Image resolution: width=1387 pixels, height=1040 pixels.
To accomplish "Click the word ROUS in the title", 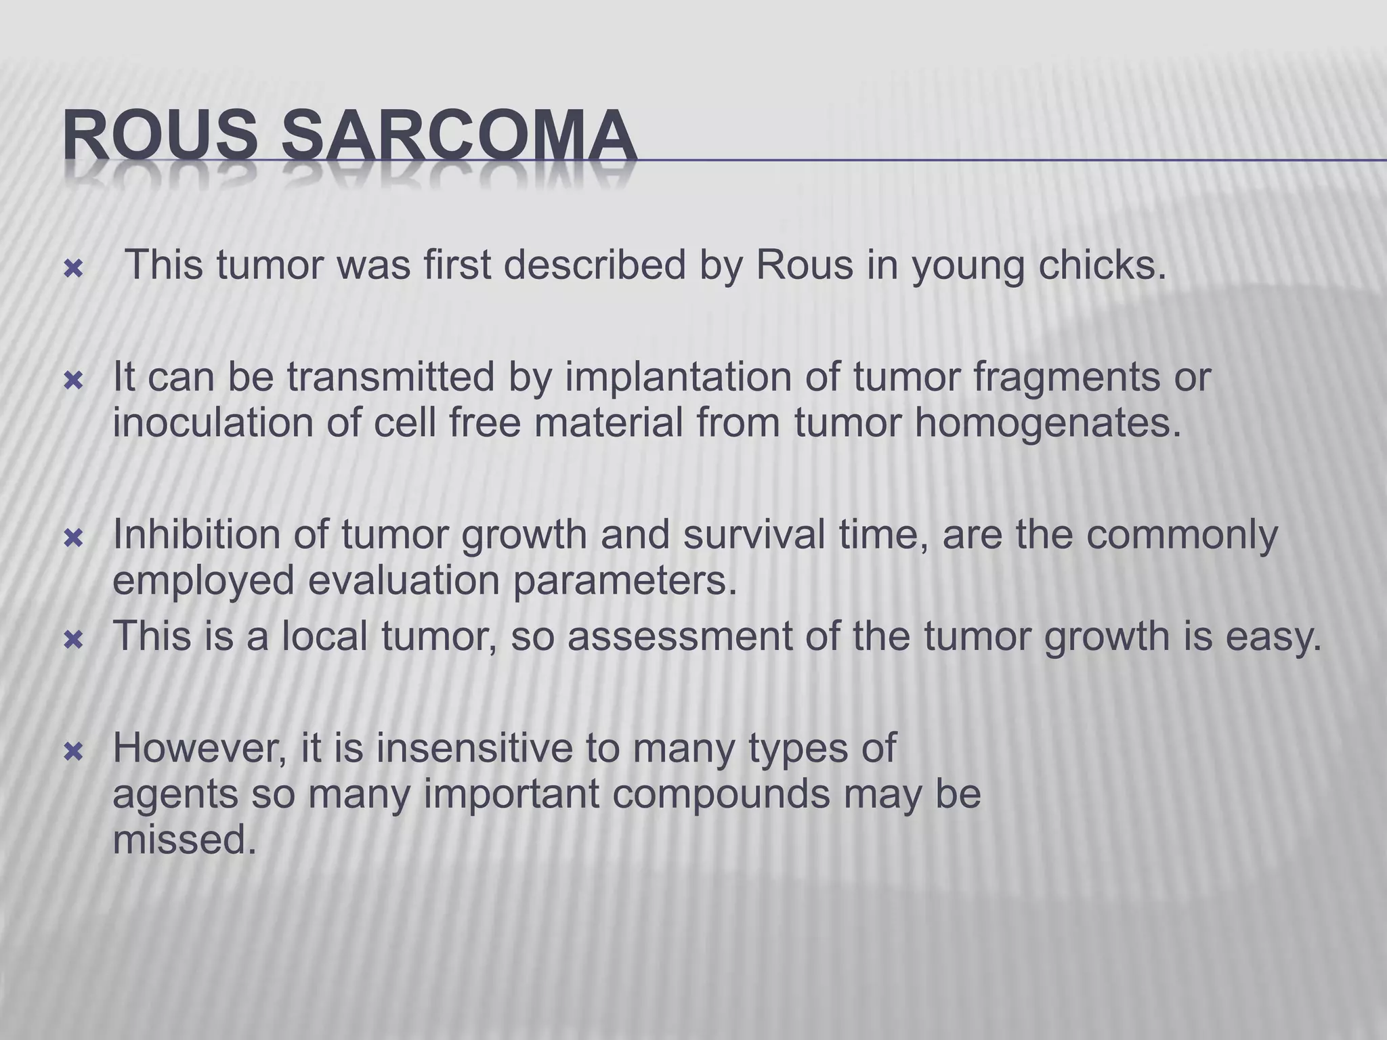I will [x=160, y=136].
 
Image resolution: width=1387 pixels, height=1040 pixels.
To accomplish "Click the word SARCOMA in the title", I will [x=458, y=136].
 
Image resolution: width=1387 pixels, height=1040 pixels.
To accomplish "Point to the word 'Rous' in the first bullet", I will [x=804, y=265].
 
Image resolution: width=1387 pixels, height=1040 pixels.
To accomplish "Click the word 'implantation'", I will [x=678, y=377].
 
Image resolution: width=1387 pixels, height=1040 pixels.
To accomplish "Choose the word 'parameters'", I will [x=623, y=580].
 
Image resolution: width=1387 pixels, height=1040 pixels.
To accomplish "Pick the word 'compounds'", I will [x=721, y=794].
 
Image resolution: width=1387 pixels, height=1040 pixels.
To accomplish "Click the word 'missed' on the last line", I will [x=184, y=840].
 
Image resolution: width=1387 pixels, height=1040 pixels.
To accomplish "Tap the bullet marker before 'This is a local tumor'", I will [x=72, y=640].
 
